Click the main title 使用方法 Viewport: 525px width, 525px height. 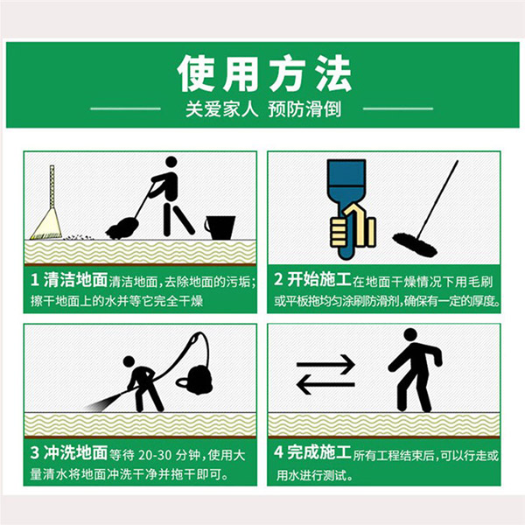264,74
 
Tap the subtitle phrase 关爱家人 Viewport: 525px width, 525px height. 221,109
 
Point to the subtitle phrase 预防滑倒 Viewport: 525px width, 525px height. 304,109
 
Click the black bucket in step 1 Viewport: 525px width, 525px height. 220,227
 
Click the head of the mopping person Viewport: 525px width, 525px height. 171,162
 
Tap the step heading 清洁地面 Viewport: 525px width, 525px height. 75,280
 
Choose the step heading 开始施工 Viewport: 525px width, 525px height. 319,279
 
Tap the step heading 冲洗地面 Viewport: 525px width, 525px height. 75,453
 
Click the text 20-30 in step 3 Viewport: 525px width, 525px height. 156,455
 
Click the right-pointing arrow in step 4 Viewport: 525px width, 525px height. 325,364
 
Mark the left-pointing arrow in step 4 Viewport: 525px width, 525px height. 325,384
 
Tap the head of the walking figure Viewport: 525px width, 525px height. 410,335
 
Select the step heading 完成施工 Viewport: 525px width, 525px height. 319,452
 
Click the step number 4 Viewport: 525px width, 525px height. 278,452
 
